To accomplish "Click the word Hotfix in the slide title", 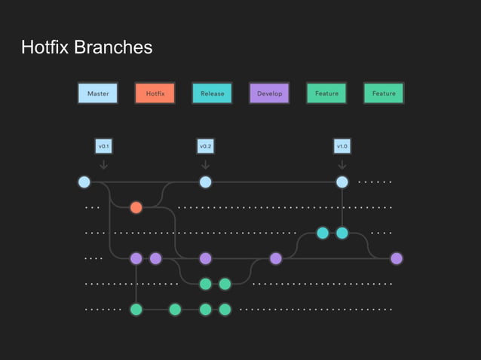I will pos(47,48).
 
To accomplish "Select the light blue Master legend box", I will pos(98,93).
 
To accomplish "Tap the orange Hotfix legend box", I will pos(155,93).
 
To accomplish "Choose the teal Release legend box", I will pos(212,93).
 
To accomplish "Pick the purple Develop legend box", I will pos(269,93).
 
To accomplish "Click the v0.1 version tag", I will pos(104,145).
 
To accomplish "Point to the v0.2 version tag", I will pos(205,145).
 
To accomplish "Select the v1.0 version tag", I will pos(342,145).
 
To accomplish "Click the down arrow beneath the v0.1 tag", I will pos(104,163).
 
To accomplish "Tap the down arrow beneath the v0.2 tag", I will pos(205,163).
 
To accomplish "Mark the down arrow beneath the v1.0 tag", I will pos(342,163).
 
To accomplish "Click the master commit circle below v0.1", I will pos(84,182).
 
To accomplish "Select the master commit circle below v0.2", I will pos(205,182).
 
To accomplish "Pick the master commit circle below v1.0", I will pos(342,182).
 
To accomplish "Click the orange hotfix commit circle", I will pos(136,207).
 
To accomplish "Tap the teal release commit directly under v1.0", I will pos(342,233).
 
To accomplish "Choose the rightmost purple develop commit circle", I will pos(397,258).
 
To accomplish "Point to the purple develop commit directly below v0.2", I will pos(205,258).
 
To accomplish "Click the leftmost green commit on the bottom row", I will pos(136,309).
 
